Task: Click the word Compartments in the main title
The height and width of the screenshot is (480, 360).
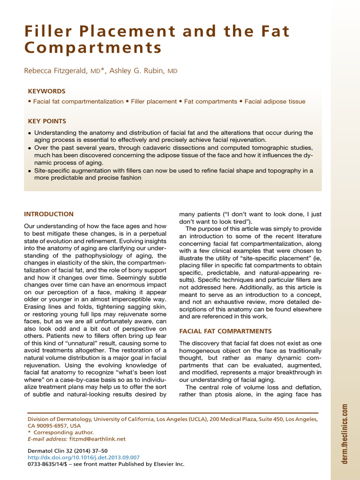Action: (93, 48)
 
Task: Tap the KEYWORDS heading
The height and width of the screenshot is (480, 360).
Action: (46, 91)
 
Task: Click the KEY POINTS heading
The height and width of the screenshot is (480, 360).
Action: (47, 121)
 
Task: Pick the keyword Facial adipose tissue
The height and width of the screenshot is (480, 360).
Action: (275, 102)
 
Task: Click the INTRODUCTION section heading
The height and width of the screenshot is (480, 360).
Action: (49, 214)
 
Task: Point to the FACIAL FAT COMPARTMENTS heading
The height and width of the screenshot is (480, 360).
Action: (225, 331)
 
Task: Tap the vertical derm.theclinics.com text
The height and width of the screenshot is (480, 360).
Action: (345, 434)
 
